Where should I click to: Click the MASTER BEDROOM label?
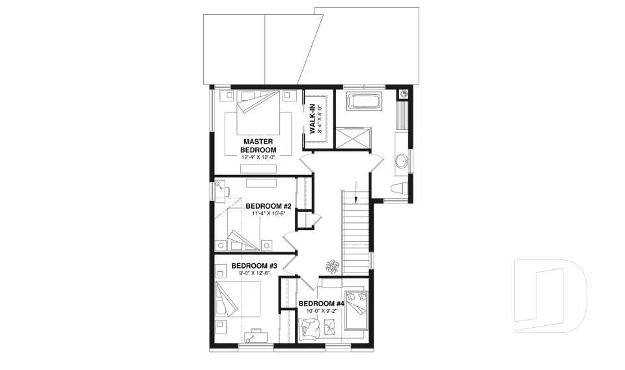(258, 145)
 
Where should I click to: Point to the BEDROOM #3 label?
(255, 266)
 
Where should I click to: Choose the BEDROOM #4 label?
(321, 304)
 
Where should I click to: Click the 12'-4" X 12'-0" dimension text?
(258, 158)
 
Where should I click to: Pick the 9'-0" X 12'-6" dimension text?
(255, 275)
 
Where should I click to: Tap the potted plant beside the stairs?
(333, 265)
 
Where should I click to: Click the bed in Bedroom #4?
(357, 310)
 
